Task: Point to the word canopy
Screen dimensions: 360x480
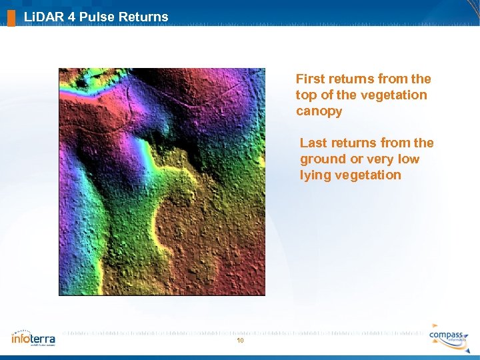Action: point(319,111)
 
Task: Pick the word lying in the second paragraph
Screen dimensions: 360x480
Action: point(314,175)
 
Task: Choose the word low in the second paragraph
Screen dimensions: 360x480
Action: point(409,159)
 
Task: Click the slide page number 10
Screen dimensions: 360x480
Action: point(240,341)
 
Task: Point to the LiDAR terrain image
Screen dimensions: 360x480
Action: point(162,181)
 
